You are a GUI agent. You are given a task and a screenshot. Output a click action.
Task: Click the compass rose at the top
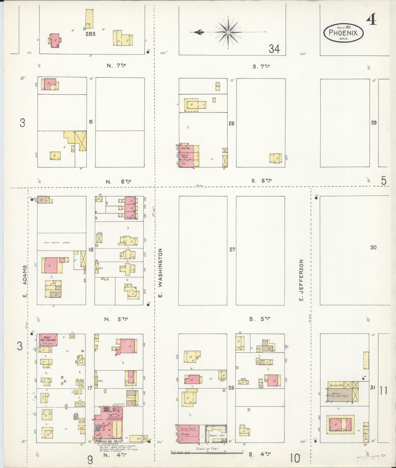[x=228, y=32]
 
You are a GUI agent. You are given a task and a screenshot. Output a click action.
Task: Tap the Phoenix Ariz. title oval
[x=343, y=33]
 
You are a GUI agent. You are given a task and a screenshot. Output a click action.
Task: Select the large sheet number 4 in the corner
[x=372, y=19]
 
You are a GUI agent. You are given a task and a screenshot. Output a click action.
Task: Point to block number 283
[x=90, y=34]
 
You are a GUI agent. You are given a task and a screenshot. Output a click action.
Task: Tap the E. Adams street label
[x=25, y=282]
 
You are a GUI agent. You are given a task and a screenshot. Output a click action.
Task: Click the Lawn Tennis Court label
[x=57, y=243]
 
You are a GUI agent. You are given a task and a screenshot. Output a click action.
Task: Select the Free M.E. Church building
[x=48, y=340]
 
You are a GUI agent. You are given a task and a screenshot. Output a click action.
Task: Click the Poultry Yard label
[x=217, y=435]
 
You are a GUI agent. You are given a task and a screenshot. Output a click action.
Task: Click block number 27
[x=232, y=250]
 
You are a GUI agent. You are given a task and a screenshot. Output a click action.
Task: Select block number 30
[x=373, y=247]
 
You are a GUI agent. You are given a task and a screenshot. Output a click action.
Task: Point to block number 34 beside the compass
[x=274, y=49]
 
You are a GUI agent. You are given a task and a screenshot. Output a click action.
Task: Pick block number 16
[x=91, y=250]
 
